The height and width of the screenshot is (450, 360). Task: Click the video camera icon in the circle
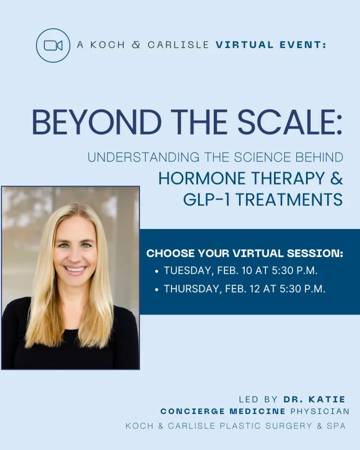pos(52,45)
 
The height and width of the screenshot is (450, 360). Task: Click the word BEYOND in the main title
pos(79,121)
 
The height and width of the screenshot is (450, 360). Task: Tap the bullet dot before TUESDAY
pos(156,271)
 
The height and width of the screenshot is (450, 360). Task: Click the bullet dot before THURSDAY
pos(156,290)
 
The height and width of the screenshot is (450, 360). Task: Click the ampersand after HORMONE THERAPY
pos(335,178)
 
